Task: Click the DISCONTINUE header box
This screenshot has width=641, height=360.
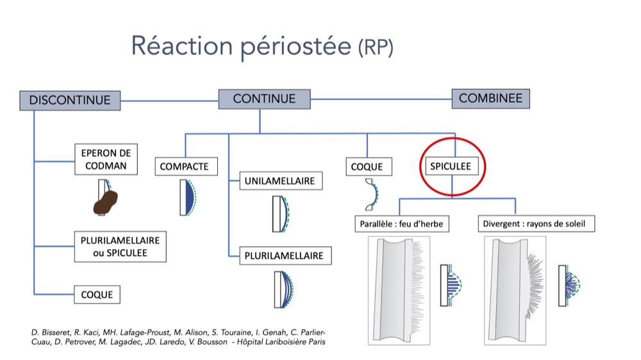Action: click(x=70, y=101)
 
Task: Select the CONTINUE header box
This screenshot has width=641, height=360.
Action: click(x=264, y=99)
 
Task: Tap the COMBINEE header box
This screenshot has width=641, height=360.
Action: click(x=490, y=99)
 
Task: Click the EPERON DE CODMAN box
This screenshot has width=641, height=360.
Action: click(x=106, y=160)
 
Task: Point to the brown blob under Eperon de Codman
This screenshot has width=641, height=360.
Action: click(x=105, y=202)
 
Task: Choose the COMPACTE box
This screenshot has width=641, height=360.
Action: click(x=186, y=167)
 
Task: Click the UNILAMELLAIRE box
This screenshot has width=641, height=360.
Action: click(x=281, y=181)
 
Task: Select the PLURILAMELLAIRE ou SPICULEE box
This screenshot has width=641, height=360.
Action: click(x=121, y=247)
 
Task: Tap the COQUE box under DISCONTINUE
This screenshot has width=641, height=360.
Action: click(x=97, y=295)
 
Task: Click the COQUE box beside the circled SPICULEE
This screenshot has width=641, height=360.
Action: click(x=369, y=167)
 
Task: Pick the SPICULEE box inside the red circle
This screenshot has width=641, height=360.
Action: click(x=451, y=166)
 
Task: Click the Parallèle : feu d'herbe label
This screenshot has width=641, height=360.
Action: click(x=402, y=224)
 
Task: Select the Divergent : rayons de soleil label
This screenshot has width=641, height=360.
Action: click(x=537, y=224)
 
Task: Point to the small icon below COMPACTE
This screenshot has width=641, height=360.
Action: click(x=188, y=198)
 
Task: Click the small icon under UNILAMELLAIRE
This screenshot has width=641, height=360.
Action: click(x=281, y=214)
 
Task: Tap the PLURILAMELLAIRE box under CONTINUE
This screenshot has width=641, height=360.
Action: click(x=285, y=256)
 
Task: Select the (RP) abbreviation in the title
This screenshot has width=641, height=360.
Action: click(x=376, y=47)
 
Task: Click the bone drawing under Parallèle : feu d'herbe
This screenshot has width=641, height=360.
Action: click(x=399, y=291)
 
